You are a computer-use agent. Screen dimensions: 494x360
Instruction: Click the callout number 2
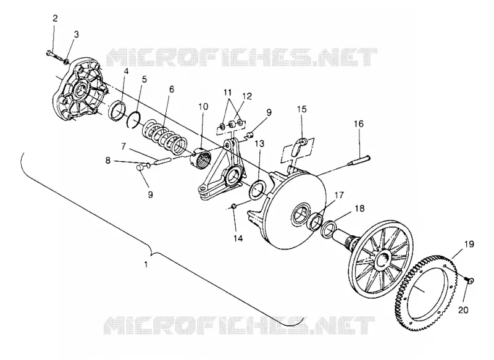55,19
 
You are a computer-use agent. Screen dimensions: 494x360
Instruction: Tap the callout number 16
359,123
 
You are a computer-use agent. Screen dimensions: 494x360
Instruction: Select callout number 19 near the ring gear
469,244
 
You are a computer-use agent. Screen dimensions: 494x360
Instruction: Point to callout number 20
463,310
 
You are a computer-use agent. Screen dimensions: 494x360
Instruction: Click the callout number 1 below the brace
146,264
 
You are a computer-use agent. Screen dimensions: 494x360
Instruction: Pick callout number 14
238,238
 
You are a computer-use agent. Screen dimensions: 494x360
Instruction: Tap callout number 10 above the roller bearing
203,106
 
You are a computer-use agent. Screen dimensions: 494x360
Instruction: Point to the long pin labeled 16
359,161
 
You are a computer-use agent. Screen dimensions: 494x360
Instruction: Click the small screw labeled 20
469,280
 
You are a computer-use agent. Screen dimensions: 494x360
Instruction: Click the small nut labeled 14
234,206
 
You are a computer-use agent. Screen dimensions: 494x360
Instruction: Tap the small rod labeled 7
163,161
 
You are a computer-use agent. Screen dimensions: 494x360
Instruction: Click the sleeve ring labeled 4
117,111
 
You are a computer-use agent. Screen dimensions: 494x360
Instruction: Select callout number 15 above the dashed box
301,109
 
